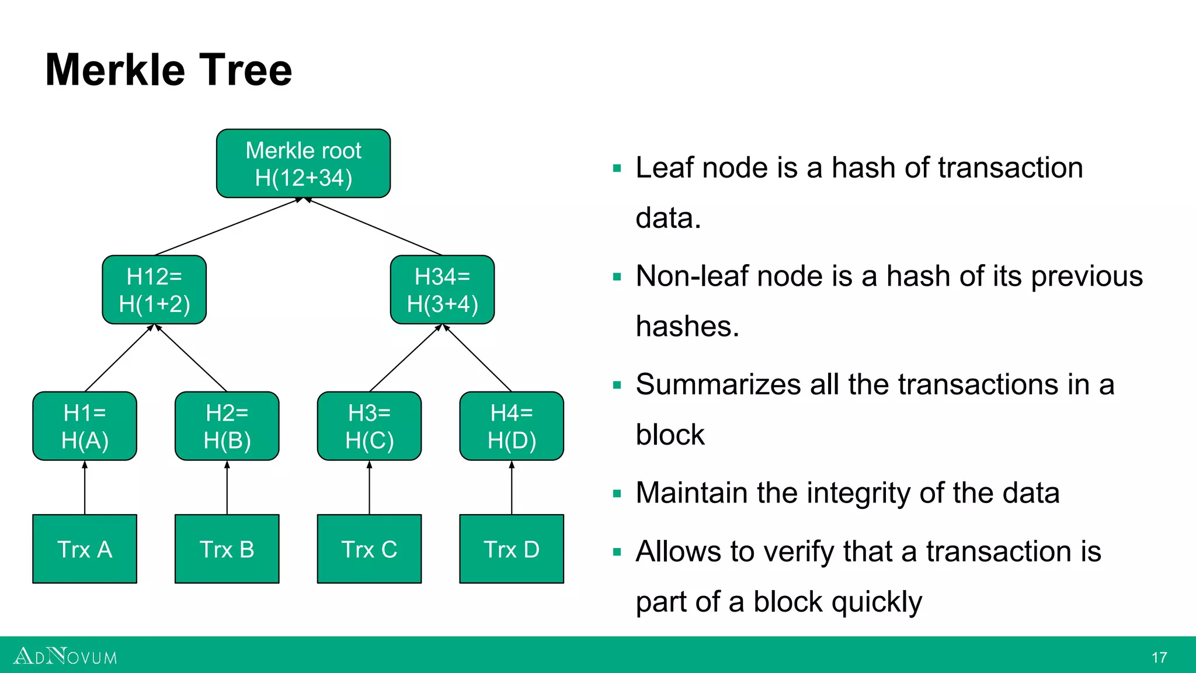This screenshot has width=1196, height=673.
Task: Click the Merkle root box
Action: pos(303,164)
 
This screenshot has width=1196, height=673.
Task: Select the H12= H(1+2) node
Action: pos(154,290)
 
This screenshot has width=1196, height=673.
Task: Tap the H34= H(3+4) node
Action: pos(442,290)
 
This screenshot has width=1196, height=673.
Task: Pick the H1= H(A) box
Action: pos(85,426)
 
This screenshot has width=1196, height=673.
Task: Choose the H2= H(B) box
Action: pos(227,426)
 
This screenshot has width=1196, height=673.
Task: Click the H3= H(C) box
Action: pos(369,426)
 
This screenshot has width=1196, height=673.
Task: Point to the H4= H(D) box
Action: pos(512,426)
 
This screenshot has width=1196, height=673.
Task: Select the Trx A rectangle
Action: pos(85,549)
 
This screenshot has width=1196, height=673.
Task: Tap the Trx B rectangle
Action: pos(227,549)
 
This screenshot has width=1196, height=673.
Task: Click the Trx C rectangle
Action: pos(369,549)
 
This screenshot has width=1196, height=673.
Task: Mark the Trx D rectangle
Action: pos(512,549)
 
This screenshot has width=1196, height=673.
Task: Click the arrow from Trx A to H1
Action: pos(85,488)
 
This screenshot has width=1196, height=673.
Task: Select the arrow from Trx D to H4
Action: pos(512,488)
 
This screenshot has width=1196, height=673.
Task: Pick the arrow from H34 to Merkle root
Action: pos(374,227)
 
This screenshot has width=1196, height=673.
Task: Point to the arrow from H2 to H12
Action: pos(192,358)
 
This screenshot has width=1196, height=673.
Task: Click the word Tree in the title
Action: pos(245,70)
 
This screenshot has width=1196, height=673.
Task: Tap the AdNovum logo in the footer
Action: pos(65,657)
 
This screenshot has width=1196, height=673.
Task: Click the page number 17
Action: pos(1159,658)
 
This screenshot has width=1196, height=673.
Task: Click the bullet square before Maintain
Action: pos(617,494)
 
